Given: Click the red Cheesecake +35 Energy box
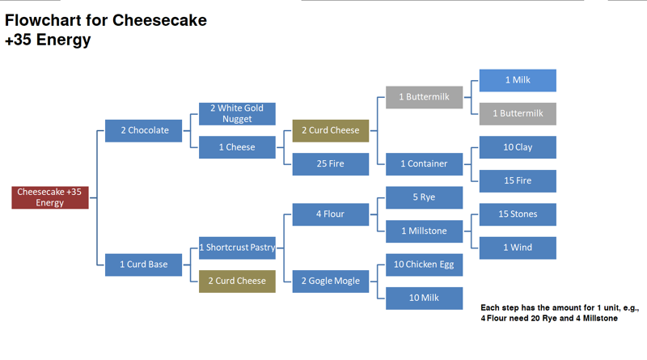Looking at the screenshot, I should pyautogui.click(x=49, y=197).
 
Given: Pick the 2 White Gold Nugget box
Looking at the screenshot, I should pyautogui.click(x=237, y=113).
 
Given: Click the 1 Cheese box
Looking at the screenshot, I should pyautogui.click(x=237, y=147).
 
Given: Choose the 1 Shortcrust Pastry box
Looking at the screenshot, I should pyautogui.click(x=237, y=248).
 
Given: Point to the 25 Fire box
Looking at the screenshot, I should pyautogui.click(x=330, y=163).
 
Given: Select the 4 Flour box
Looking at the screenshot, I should pyautogui.click(x=330, y=214).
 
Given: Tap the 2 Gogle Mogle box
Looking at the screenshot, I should pyautogui.click(x=330, y=281).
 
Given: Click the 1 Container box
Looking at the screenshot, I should pyautogui.click(x=424, y=163).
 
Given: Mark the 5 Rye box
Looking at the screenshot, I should pyautogui.click(x=424, y=197).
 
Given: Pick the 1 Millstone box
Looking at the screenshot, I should pyautogui.click(x=424, y=231).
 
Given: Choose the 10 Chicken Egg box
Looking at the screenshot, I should pyautogui.click(x=424, y=265).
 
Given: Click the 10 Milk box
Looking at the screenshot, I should pyautogui.click(x=424, y=298).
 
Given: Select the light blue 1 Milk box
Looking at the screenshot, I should pyautogui.click(x=518, y=80).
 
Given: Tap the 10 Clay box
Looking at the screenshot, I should pyautogui.click(x=518, y=147).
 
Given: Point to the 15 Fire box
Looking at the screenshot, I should pyautogui.click(x=518, y=180).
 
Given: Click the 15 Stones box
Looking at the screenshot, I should pyautogui.click(x=518, y=214).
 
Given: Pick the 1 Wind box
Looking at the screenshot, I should pyautogui.click(x=518, y=248).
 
